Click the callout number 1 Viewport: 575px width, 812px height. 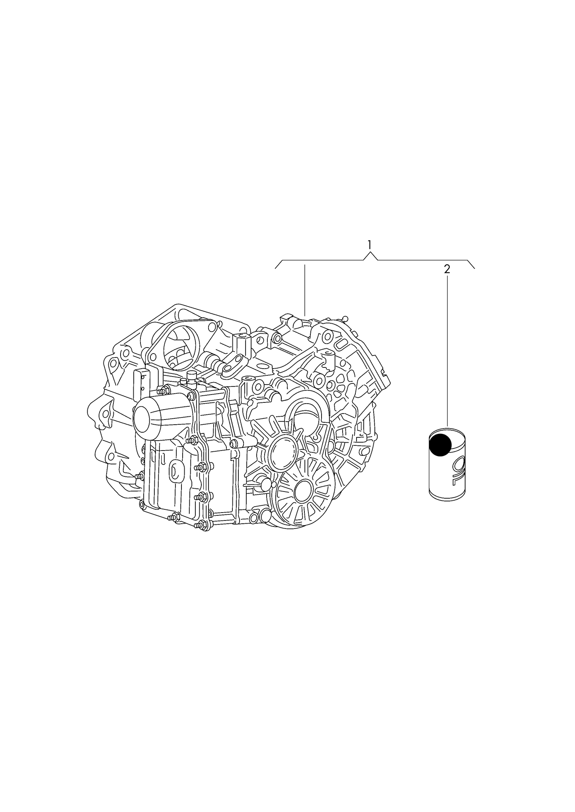(x=370, y=245)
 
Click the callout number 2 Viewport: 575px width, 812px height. (x=447, y=269)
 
